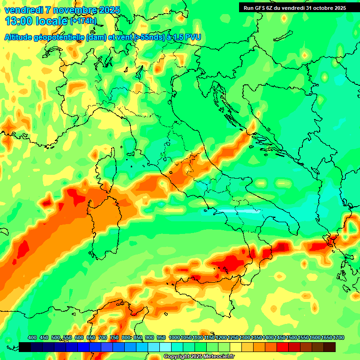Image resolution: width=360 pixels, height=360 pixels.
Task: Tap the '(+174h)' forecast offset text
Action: (x=83, y=21)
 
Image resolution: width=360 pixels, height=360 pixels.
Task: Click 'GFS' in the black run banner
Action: (x=262, y=8)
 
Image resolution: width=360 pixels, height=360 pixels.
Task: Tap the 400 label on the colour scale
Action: (x=32, y=338)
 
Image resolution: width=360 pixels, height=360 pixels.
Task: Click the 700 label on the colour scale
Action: (x=103, y=338)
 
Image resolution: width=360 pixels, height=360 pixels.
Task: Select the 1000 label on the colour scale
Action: (x=174, y=338)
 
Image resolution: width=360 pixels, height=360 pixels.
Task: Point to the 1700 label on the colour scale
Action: (x=338, y=338)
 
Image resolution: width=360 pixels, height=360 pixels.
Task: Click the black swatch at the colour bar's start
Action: (x=25, y=347)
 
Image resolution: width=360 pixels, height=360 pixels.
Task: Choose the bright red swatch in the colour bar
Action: (x=283, y=347)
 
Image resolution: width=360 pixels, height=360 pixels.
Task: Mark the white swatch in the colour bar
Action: (x=165, y=347)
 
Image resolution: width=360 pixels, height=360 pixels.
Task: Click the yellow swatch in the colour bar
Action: (x=236, y=347)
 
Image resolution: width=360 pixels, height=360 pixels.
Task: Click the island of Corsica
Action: (x=106, y=170)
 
